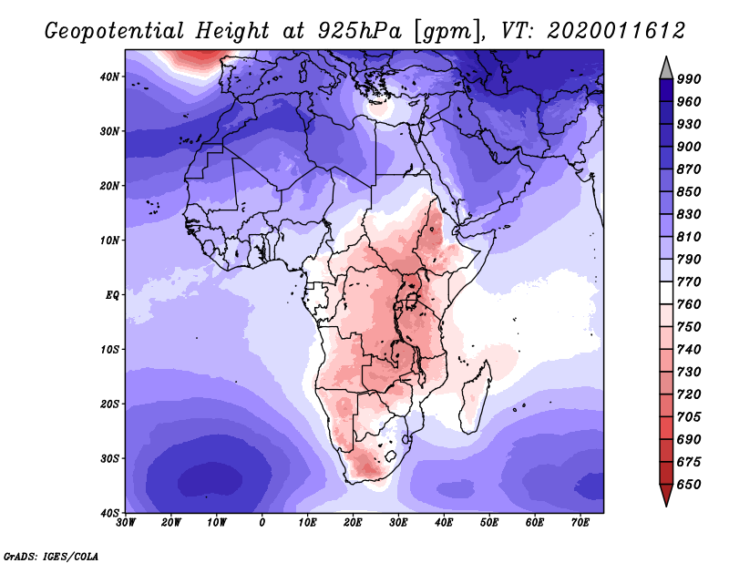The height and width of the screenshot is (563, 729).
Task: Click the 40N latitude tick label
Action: click(109, 77)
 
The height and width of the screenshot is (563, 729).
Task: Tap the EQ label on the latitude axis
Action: click(112, 295)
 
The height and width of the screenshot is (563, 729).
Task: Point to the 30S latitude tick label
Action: click(109, 459)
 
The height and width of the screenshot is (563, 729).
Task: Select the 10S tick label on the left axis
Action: click(109, 350)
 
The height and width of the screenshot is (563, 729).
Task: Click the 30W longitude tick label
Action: click(126, 523)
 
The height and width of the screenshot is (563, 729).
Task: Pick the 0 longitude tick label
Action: click(262, 523)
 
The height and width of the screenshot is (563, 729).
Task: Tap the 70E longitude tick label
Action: click(580, 523)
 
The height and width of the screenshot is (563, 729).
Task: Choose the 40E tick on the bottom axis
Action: click(444, 523)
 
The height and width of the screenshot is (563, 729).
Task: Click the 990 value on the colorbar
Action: click(689, 79)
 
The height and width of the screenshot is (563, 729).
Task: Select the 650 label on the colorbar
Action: click(689, 485)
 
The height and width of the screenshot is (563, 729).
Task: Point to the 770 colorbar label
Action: click(689, 282)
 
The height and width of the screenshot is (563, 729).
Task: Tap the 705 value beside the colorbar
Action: click(689, 417)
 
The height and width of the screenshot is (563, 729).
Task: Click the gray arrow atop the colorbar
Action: click(666, 70)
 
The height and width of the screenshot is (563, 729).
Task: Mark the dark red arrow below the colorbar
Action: click(666, 493)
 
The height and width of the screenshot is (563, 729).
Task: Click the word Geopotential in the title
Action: click(115, 32)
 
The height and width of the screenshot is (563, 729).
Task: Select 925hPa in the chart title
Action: click(360, 31)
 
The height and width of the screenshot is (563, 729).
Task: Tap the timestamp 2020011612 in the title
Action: click(616, 30)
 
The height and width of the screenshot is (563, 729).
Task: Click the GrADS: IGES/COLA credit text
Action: click(51, 556)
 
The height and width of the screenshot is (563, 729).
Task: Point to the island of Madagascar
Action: click(476, 396)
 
